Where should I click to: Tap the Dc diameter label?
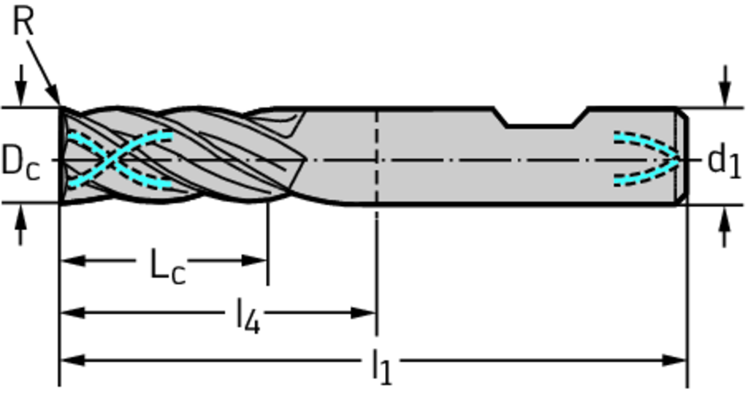click(21, 162)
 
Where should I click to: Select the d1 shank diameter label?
click(724, 162)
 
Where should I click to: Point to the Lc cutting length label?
click(167, 266)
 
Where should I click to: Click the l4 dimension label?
click(248, 316)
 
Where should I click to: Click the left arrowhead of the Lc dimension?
click(73, 261)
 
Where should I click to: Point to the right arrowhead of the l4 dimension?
click(364, 313)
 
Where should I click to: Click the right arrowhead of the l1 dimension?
click(673, 360)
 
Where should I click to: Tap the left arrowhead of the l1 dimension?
click(73, 360)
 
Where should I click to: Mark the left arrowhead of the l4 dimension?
click(73, 313)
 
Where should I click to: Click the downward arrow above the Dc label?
click(20, 86)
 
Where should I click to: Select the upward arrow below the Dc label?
click(20, 225)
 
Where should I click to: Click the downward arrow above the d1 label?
click(725, 86)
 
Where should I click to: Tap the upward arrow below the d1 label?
click(725, 226)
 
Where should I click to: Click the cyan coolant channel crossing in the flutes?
click(111, 159)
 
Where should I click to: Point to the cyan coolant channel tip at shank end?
click(676, 159)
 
